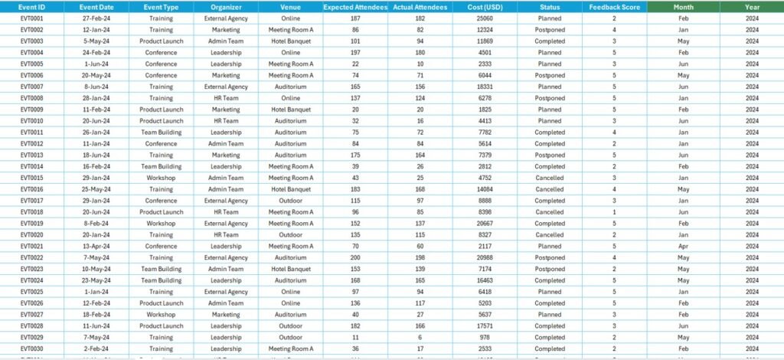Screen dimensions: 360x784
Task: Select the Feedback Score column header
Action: coord(613,6)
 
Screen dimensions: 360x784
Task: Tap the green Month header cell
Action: coord(684,6)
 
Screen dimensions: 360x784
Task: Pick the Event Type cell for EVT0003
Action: coord(161,41)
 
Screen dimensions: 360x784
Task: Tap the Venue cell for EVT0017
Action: coord(291,201)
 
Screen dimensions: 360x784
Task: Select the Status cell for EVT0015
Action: coord(550,178)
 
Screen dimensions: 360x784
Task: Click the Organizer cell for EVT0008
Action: coord(226,98)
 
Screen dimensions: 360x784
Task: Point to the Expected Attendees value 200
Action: coord(355,257)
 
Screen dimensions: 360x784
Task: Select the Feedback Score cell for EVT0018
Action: coord(613,212)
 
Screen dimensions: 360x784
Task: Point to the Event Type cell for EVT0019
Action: coord(161,224)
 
